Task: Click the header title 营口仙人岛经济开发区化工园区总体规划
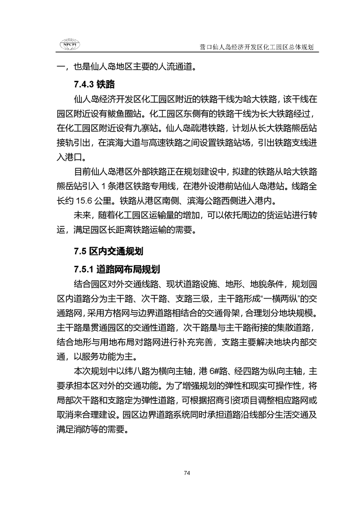(257, 47)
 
